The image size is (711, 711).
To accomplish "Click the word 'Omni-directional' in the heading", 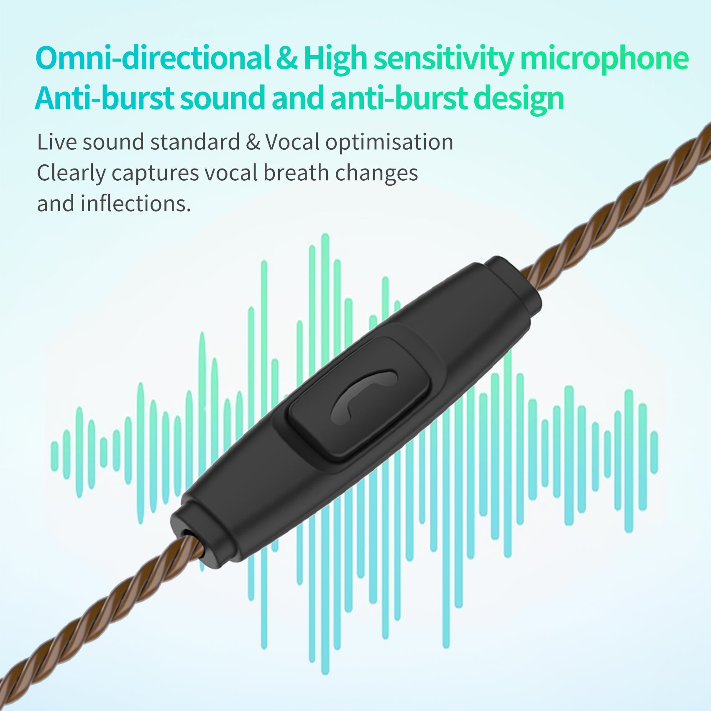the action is point(153,58).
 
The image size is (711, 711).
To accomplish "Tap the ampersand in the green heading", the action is point(287,59).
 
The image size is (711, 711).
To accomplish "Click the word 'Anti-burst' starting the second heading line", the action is point(104,98).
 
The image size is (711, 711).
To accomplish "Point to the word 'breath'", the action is point(296,172).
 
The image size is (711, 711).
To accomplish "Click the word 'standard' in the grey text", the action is point(195,142).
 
